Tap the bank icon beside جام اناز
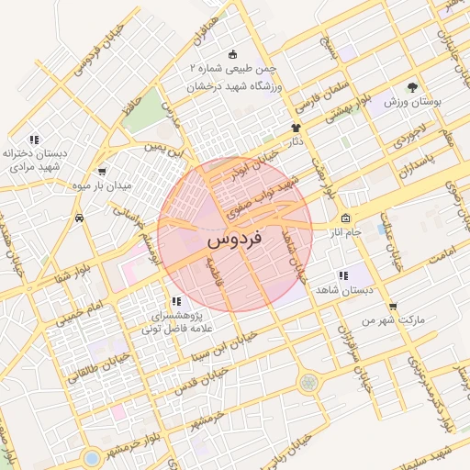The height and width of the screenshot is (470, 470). pyautogui.click(x=345, y=218)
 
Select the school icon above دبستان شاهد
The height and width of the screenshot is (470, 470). pyautogui.click(x=342, y=274)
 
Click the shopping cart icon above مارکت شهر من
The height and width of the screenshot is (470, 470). pyautogui.click(x=393, y=307)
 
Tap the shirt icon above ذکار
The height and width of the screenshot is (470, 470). pyautogui.click(x=296, y=129)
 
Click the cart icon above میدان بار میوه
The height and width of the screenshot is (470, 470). pyautogui.click(x=101, y=171)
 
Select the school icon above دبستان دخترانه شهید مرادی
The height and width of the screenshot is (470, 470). pyautogui.click(x=34, y=140)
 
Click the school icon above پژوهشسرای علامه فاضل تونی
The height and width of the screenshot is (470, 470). pyautogui.click(x=175, y=301)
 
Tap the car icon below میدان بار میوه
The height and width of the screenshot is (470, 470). pyautogui.click(x=82, y=218)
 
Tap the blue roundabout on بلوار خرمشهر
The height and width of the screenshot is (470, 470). pyautogui.click(x=91, y=456)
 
